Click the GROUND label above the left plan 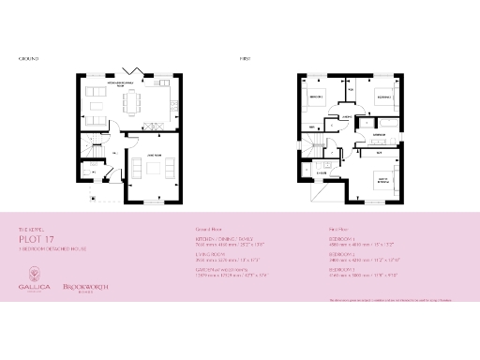click(x=27, y=57)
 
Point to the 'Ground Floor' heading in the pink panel click(x=209, y=229)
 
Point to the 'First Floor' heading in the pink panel click(x=338, y=229)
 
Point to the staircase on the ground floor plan click(x=90, y=148)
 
